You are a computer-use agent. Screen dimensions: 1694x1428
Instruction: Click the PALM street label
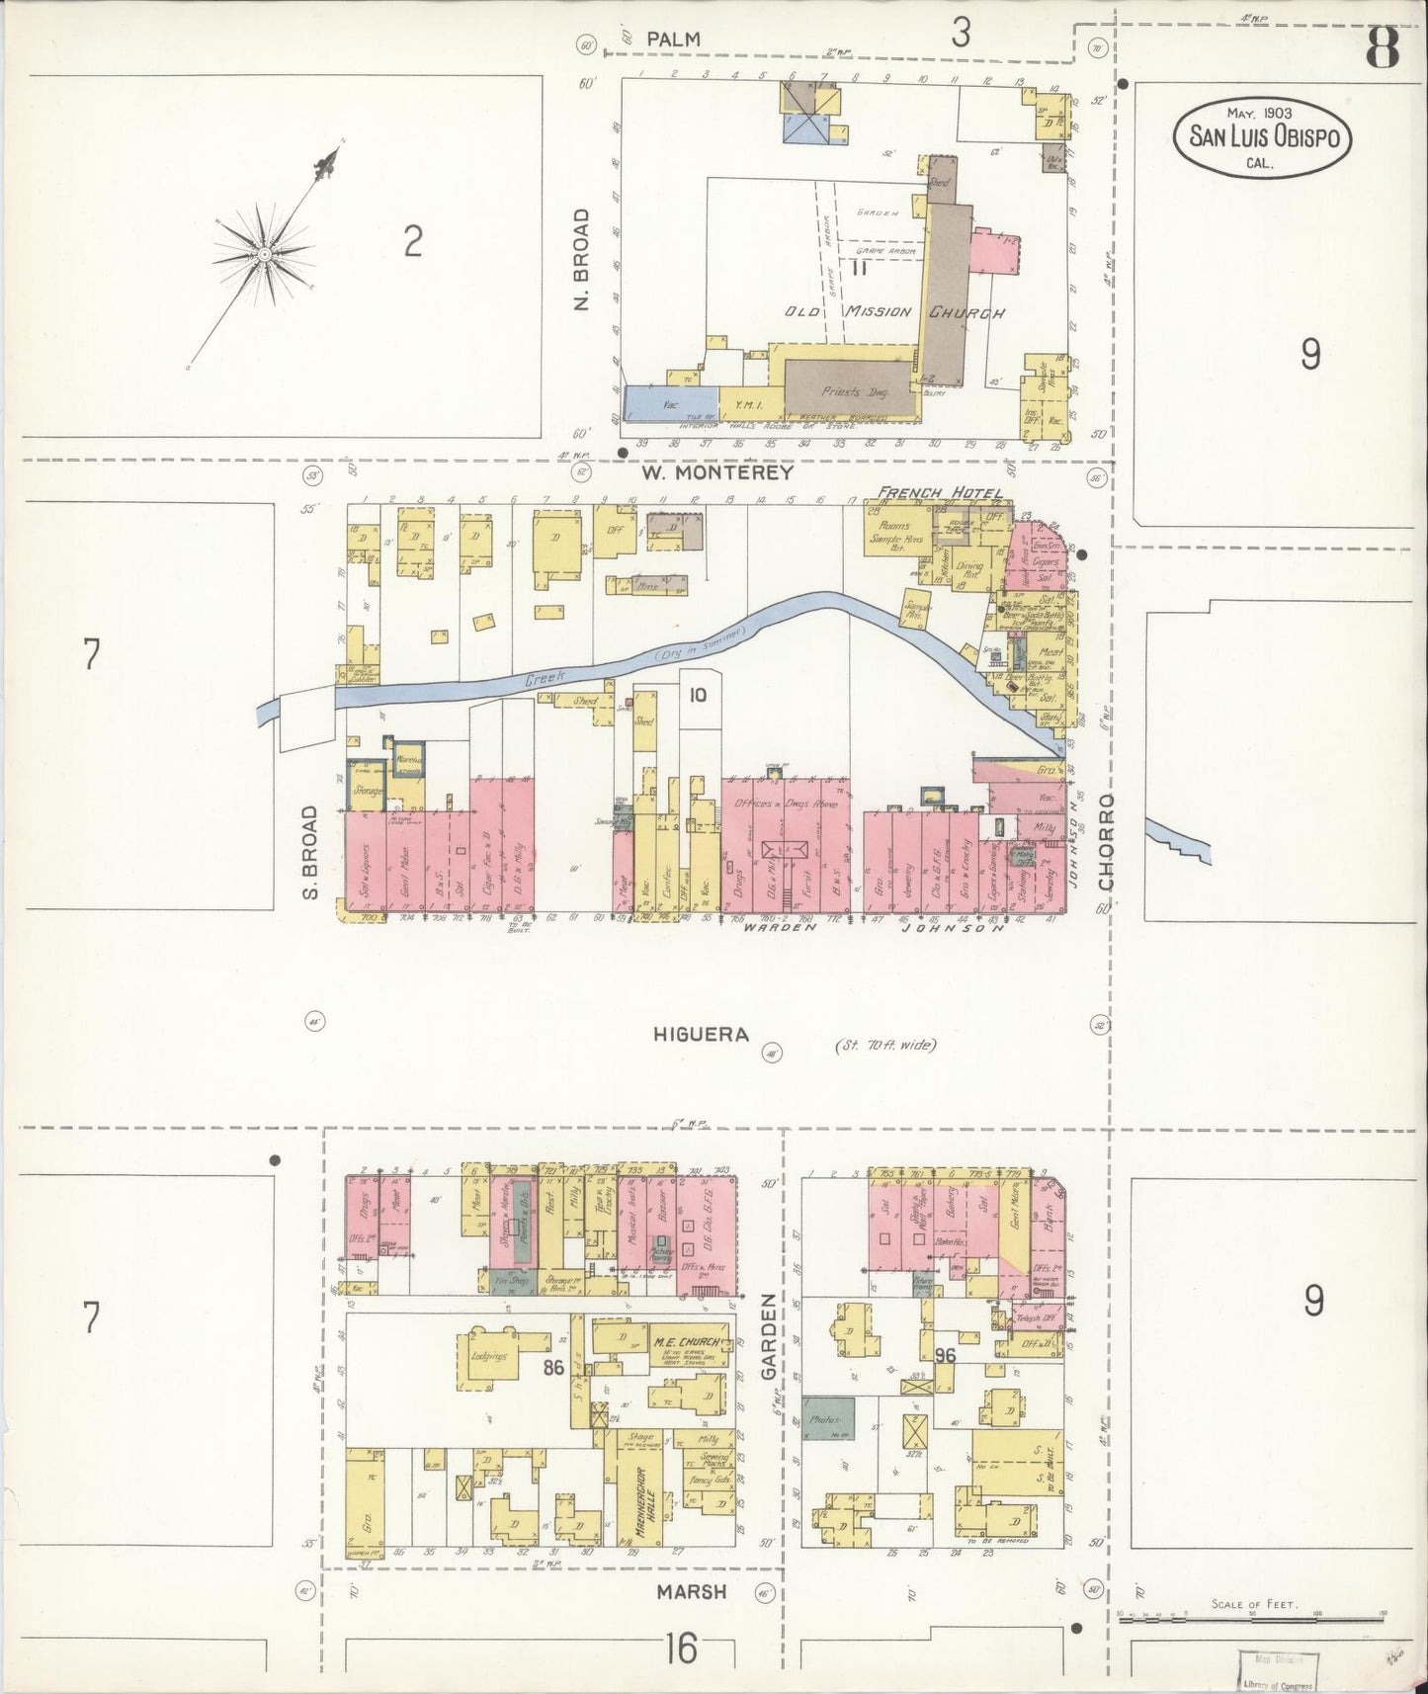coord(676,39)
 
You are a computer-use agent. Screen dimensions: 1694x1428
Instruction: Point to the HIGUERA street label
coord(701,1035)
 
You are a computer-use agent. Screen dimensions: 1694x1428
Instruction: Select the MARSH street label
coord(692,1591)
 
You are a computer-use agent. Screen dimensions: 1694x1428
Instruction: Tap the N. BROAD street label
coord(582,259)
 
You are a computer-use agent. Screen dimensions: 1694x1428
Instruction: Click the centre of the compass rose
coord(264,256)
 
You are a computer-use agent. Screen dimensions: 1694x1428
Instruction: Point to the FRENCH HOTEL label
coord(939,493)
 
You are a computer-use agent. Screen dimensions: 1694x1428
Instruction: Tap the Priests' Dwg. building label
coord(850,391)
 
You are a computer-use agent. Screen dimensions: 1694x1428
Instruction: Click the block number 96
coord(945,1356)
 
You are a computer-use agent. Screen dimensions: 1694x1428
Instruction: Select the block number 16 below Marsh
coord(681,1648)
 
